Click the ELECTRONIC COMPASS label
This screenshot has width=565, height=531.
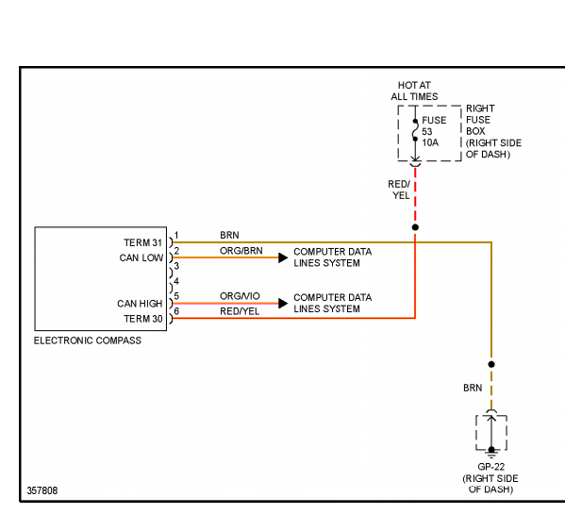click(88, 340)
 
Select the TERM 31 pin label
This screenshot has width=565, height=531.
click(143, 242)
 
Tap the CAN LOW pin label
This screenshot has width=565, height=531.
click(141, 257)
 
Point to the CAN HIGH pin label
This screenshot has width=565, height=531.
click(140, 304)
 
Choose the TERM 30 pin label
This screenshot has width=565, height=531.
click(143, 319)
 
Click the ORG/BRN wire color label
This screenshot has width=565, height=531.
click(241, 251)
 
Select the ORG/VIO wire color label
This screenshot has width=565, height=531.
click(240, 296)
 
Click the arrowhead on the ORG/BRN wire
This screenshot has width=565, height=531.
click(283, 257)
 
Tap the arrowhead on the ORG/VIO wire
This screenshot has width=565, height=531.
click(283, 304)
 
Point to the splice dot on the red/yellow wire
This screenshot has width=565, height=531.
click(415, 227)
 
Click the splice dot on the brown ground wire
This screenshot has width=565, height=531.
click(491, 364)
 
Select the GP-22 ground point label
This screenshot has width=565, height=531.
click(491, 467)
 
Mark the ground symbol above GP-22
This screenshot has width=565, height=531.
click(491, 452)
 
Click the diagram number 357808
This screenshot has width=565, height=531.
click(42, 490)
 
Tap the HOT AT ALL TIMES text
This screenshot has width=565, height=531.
click(414, 91)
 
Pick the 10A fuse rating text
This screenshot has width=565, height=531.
click(430, 143)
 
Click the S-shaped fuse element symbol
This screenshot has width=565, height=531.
click(415, 130)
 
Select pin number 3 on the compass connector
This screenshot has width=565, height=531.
click(176, 266)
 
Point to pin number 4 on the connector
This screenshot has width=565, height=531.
click(176, 281)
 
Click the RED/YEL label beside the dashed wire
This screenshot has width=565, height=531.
click(400, 190)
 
